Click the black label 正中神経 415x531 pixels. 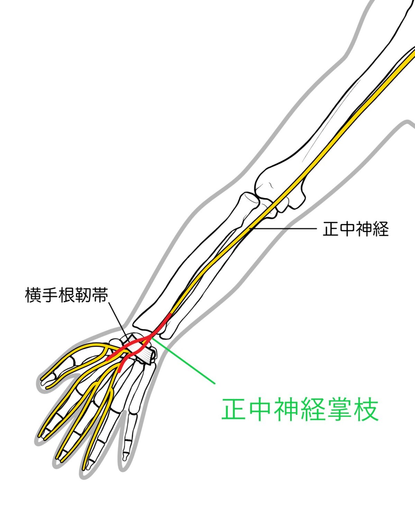pyautogui.click(x=356, y=229)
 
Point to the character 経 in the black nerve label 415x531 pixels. pyautogui.click(x=380, y=229)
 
